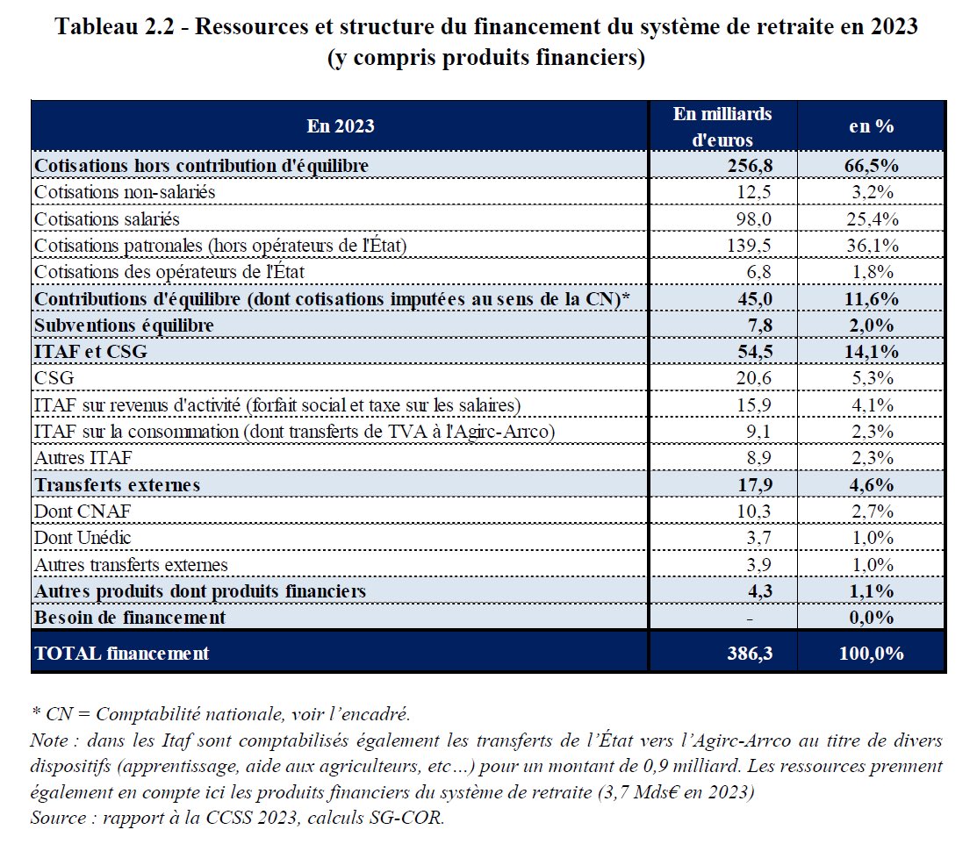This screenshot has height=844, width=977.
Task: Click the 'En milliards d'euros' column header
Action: click(722, 126)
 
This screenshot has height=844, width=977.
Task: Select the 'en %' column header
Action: click(871, 126)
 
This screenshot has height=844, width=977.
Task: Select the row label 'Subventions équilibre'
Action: click(124, 325)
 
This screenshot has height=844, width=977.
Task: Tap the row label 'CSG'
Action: click(54, 378)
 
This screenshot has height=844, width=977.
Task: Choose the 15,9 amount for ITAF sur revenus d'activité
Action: click(755, 405)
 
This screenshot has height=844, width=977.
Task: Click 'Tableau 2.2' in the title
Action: click(119, 26)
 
